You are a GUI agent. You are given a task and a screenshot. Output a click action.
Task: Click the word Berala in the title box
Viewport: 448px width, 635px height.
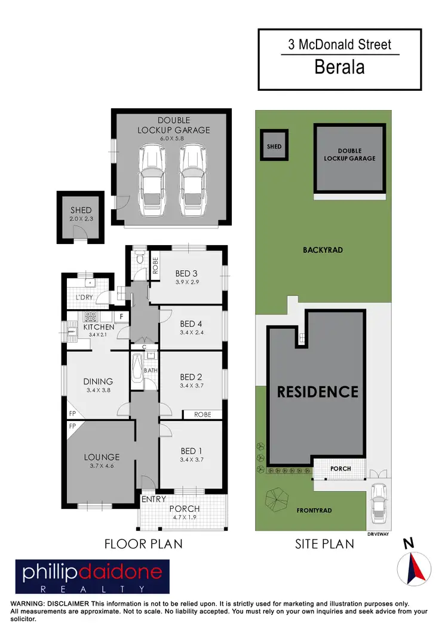pyautogui.click(x=339, y=66)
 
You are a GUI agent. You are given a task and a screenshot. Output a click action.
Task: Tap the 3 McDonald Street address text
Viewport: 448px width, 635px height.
pyautogui.click(x=340, y=44)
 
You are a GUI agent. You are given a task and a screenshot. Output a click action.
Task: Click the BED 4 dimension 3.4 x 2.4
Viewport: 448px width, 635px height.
pyautogui.click(x=192, y=332)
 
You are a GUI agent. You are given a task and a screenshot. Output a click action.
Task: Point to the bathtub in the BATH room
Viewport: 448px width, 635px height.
pyautogui.click(x=136, y=371)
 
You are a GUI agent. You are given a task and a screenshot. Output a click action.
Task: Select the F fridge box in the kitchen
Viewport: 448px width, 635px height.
pyautogui.click(x=121, y=315)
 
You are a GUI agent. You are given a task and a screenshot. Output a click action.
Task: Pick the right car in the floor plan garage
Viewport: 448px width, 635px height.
pyautogui.click(x=192, y=182)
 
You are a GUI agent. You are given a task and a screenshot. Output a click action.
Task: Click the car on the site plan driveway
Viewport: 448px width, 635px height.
pyautogui.click(x=378, y=501)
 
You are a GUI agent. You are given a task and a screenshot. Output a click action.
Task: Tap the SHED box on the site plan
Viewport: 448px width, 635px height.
pyautogui.click(x=274, y=146)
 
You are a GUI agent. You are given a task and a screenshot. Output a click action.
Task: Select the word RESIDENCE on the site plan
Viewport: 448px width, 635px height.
pyautogui.click(x=317, y=392)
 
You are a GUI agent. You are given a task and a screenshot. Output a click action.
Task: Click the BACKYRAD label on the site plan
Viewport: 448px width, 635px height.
pyautogui.click(x=323, y=250)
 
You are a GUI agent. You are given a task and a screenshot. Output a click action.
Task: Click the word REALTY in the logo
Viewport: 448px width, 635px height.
pyautogui.click(x=92, y=588)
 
